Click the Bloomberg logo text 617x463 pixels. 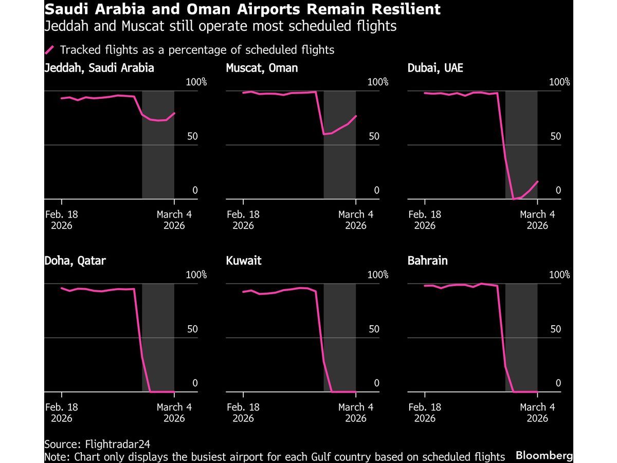tap(544, 455)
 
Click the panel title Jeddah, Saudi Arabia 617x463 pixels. tap(99, 67)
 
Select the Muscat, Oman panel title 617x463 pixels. tap(262, 67)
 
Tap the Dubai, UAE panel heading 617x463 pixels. tap(435, 67)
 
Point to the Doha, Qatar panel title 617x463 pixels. tap(75, 261)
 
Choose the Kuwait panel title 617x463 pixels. tap(244, 261)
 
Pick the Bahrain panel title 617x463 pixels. tap(427, 261)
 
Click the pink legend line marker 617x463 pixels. tap(50, 50)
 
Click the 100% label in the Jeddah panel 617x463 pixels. tap(196, 82)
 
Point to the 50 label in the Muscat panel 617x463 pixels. tap(374, 136)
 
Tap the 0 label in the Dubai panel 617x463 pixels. tap(558, 190)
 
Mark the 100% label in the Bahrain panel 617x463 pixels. tap(560, 275)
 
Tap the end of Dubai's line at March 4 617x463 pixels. tap(537, 181)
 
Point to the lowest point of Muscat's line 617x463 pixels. tap(324, 134)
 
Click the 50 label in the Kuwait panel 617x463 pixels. tap(374, 329)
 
